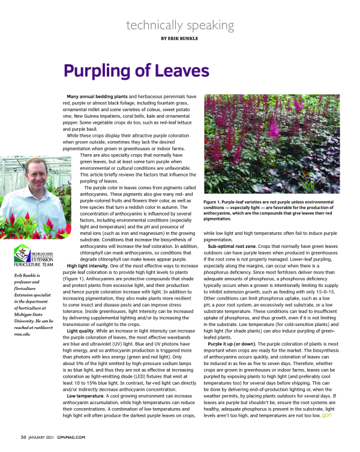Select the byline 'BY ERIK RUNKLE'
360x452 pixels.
pyautogui.click(x=179, y=38)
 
